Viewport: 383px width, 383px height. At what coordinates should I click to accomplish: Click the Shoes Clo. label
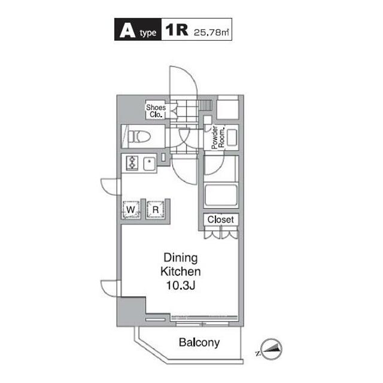pyautogui.click(x=156, y=111)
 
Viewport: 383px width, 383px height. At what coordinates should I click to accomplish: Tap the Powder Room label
pyautogui.click(x=217, y=138)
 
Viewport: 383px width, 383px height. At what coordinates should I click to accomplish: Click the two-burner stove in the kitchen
pyautogui.click(x=132, y=163)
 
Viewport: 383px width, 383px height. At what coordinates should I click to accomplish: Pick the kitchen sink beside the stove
pyautogui.click(x=148, y=163)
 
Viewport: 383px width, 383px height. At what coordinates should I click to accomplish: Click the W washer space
pyautogui.click(x=131, y=209)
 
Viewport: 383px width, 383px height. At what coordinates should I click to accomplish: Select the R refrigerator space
pyautogui.click(x=155, y=209)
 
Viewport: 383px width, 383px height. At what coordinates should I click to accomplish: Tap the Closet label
pyautogui.click(x=220, y=220)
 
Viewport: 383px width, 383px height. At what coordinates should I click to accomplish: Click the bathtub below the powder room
pyautogui.click(x=220, y=196)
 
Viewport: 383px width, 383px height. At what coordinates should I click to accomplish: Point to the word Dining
pyautogui.click(x=181, y=258)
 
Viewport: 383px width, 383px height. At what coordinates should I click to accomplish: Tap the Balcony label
pyautogui.click(x=199, y=344)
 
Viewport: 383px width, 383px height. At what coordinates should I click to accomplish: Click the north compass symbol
pyautogui.click(x=270, y=348)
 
